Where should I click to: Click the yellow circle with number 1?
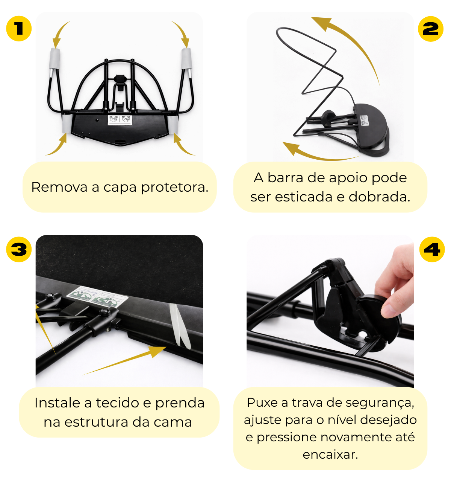19,28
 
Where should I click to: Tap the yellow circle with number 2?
430,29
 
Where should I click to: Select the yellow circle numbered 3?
19,249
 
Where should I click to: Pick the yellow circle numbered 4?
432,249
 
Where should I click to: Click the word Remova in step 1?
59,187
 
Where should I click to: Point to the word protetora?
175,188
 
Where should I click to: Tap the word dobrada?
379,197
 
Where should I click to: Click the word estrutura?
96,422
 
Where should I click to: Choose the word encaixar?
330,455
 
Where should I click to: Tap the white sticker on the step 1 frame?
120,120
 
